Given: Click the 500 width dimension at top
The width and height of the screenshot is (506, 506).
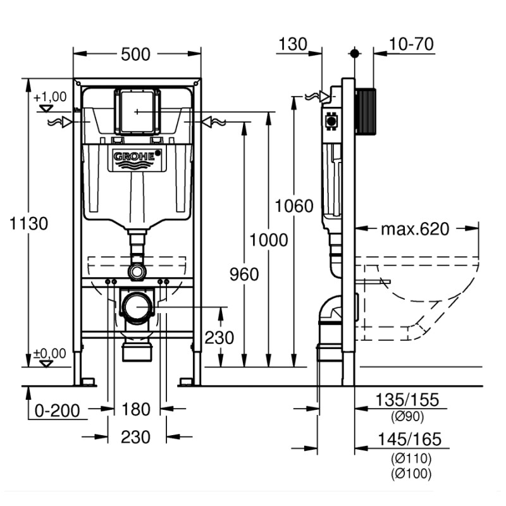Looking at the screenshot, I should tap(136, 54).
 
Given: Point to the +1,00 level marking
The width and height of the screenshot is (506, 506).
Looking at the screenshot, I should tap(50, 97).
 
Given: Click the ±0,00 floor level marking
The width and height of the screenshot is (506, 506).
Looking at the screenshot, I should tap(50, 353).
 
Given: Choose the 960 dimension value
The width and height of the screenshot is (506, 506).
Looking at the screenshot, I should tap(244, 275).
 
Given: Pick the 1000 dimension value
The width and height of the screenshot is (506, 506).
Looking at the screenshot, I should tap(268, 240).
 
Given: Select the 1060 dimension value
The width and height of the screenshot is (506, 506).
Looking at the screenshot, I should tap(294, 206).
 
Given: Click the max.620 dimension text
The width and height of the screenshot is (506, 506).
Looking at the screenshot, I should tap(415, 229).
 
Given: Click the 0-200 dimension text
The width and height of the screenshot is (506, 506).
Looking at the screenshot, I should tap(58, 410).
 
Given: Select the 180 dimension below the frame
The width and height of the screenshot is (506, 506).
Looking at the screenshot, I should tap(137, 409).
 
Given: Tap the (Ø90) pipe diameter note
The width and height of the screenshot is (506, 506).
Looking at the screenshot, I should tap(407, 416).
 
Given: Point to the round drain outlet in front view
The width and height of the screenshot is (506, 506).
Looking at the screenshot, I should tap(137, 308).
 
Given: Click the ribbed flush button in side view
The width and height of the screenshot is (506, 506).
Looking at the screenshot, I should tap(365, 111).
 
